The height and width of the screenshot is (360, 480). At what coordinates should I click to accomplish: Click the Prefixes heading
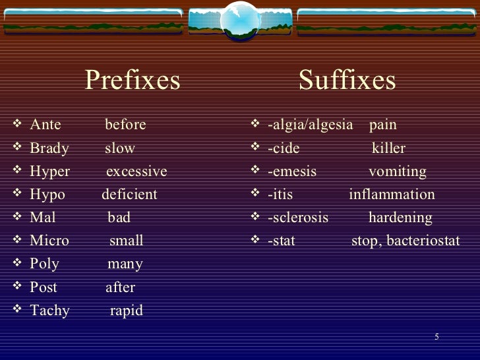tap(133, 80)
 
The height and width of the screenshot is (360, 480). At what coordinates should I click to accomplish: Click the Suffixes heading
tap(347, 80)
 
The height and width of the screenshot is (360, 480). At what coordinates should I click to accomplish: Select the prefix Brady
tap(49, 148)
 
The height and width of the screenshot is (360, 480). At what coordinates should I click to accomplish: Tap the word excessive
tap(136, 171)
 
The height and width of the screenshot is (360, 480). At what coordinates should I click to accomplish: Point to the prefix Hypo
tap(47, 195)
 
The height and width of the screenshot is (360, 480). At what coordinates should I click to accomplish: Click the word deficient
tap(129, 195)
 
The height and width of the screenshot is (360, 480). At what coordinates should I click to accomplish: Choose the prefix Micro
tap(49, 241)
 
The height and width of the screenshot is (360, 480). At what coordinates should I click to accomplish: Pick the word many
tap(125, 264)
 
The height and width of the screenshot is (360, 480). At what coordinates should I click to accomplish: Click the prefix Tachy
tap(49, 311)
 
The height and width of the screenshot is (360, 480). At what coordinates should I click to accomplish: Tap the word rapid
tap(126, 311)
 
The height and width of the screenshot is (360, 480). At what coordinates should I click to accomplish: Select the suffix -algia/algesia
tap(311, 125)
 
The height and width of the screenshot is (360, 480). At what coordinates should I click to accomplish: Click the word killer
tap(388, 148)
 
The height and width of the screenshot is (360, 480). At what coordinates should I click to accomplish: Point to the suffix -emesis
tap(292, 171)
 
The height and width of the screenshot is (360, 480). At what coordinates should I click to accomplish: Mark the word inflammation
tap(392, 195)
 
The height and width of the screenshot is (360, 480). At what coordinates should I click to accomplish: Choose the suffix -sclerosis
tap(298, 218)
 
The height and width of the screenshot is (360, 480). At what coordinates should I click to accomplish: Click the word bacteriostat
tap(423, 241)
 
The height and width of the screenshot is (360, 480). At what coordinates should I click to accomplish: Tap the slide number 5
tap(436, 337)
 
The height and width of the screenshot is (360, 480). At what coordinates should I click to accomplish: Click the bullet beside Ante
tap(16, 125)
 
